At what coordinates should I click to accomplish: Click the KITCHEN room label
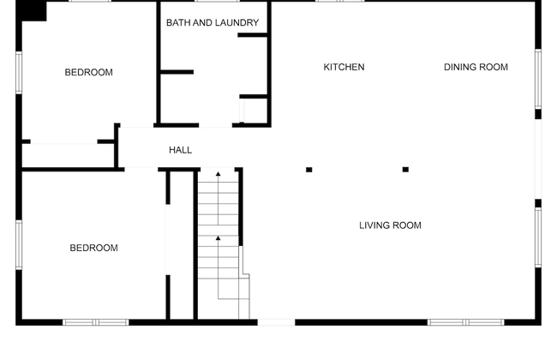[x=344, y=67]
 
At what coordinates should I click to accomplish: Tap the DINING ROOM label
[x=476, y=67]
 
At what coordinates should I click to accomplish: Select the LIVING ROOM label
[x=390, y=225]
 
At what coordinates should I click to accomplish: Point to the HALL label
[x=181, y=150]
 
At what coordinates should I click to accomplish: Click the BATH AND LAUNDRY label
[x=213, y=23]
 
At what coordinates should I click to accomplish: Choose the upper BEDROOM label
[x=89, y=73]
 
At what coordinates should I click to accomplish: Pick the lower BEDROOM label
[x=93, y=248]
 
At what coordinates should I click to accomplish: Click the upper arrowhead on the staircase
[x=219, y=174]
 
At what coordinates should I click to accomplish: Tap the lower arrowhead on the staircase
[x=219, y=237]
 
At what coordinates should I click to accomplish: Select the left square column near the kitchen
[x=309, y=170]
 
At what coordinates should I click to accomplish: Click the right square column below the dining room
[x=405, y=170]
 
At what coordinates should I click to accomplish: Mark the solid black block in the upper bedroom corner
[x=31, y=11]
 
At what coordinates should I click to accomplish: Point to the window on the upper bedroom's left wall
[x=19, y=73]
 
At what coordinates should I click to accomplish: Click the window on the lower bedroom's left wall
[x=19, y=245]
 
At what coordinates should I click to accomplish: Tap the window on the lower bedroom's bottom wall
[x=96, y=322]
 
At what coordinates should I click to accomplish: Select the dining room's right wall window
[x=538, y=79]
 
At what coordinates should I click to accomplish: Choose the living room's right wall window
[x=538, y=237]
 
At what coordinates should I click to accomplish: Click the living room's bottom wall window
[x=465, y=322]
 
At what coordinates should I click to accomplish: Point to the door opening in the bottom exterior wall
[x=277, y=322]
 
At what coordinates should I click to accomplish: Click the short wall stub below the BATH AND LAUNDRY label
[x=253, y=35]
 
